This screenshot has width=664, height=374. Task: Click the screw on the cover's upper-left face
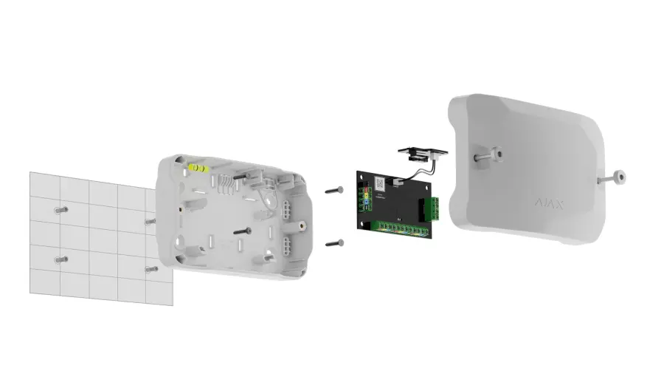(487, 154)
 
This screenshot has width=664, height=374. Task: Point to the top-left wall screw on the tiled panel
(60, 210)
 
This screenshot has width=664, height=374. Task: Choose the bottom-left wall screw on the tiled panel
(60, 259)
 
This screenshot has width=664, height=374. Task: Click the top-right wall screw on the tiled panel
(150, 220)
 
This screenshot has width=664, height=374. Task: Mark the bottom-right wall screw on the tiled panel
(151, 269)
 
